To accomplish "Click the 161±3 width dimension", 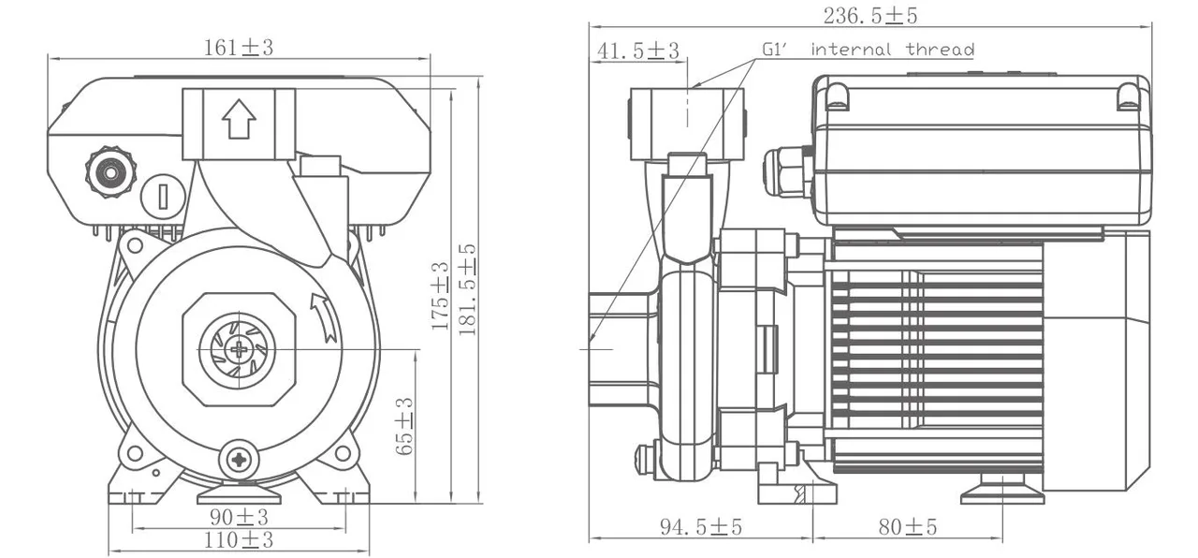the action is coord(239,48).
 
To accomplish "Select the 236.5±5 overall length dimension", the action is coord(870,16).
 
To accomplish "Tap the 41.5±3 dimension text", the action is coord(637,51).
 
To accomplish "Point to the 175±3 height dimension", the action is coord(440,296).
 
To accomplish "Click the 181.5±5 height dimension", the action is coord(467,290).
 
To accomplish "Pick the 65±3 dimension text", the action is coord(404,426).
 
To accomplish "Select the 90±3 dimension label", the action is coord(239,518).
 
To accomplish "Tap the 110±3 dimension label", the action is coord(239,540).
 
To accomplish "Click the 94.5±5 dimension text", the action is coord(701,527).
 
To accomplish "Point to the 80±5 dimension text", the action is coord(908,527).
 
